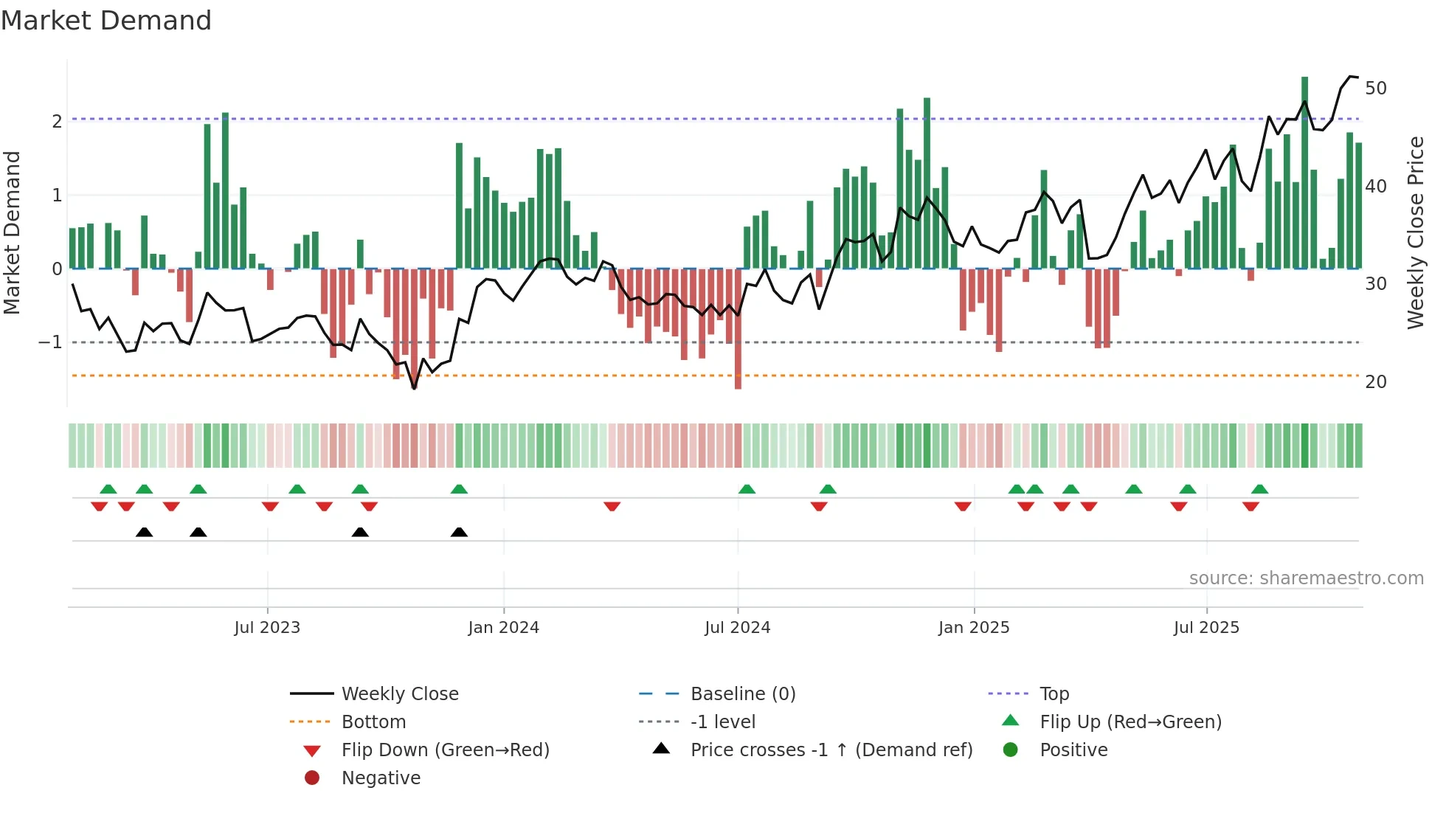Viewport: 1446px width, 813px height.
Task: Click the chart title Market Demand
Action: (106, 21)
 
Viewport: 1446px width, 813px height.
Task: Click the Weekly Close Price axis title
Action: (1415, 232)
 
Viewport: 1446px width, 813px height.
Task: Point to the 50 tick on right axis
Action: (1375, 89)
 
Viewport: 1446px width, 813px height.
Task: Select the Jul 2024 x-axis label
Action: (737, 628)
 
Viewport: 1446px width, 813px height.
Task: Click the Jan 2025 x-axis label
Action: (973, 628)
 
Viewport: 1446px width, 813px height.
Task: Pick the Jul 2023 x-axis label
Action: (267, 628)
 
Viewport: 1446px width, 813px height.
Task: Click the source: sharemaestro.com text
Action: (1306, 578)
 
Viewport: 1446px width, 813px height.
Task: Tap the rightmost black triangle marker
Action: (459, 532)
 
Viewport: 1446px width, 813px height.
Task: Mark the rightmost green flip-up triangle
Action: (1259, 489)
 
